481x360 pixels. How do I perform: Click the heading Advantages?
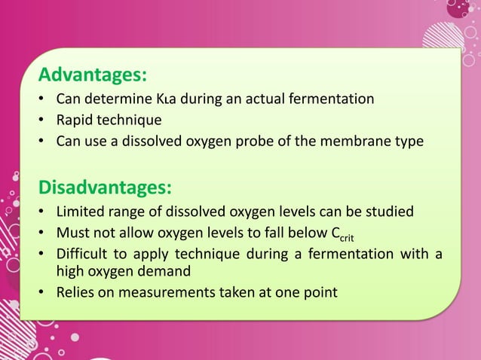point(93,75)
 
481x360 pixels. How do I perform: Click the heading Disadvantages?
point(106,185)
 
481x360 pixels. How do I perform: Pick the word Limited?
point(81,209)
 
